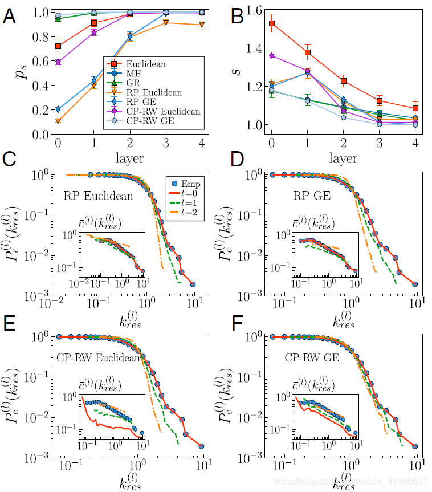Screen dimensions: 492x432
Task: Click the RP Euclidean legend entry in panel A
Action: coord(154,92)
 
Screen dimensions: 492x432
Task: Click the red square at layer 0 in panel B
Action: coord(272,23)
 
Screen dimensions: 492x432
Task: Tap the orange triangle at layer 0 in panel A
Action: coord(58,121)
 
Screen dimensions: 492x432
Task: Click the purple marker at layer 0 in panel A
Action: coord(58,62)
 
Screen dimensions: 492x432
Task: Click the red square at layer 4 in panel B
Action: coord(415,108)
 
